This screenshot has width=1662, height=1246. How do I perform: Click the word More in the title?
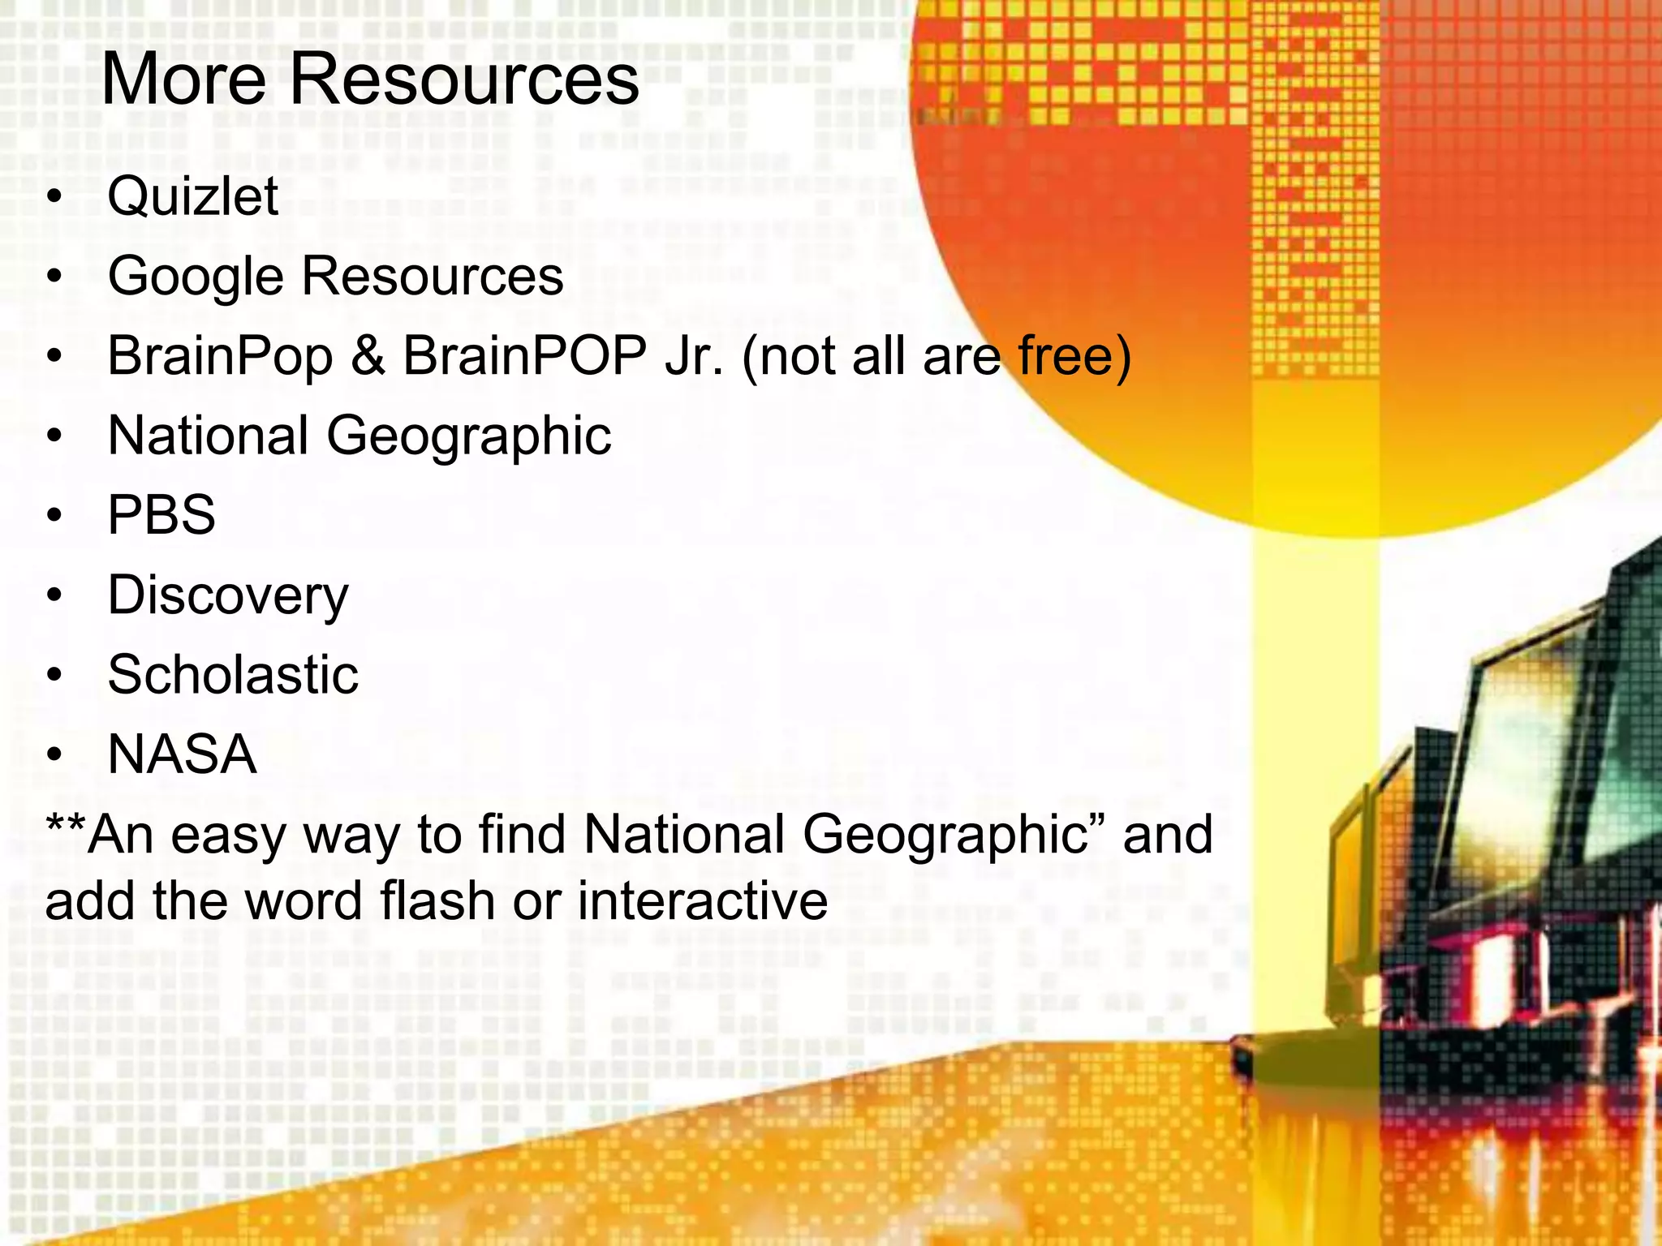pos(183,79)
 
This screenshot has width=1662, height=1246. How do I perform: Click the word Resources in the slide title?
pos(464,79)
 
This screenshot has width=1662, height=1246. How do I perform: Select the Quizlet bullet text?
pos(193,196)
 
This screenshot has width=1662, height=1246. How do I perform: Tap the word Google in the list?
pos(196,277)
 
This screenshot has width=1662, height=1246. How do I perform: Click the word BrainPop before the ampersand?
pos(220,356)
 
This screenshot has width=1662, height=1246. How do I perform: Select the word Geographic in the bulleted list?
pos(468,436)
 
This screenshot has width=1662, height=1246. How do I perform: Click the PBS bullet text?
pos(161,515)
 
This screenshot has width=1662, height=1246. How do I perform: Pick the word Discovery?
pos(228,596)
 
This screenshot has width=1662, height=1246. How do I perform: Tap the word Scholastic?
pos(233,675)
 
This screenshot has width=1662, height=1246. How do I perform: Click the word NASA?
pos(183,754)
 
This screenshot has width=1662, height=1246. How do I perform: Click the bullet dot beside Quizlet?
pos(54,196)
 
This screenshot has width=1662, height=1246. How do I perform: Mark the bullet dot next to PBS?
pos(54,515)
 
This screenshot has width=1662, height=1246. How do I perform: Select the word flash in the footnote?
pos(437,901)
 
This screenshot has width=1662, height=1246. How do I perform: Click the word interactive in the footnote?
pos(702,901)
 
